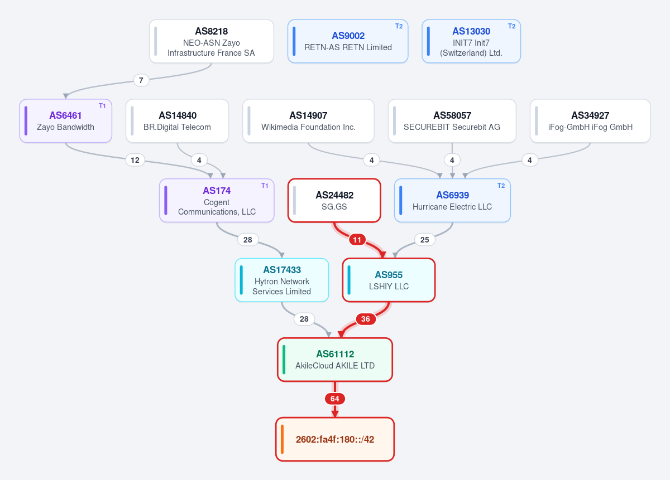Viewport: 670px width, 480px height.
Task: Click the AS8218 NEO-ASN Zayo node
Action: coord(212,41)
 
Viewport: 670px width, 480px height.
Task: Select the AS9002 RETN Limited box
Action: coord(348,41)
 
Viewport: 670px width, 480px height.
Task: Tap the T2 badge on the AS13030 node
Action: coord(511,26)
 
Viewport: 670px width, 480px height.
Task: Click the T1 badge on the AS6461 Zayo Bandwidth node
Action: coord(102,106)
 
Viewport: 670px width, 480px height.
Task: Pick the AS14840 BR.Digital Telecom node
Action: coord(178,120)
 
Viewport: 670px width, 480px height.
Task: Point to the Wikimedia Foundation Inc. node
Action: coord(308,120)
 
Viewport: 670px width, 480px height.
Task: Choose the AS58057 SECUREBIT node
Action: coord(452,120)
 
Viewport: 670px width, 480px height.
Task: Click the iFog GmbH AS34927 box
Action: coord(590,120)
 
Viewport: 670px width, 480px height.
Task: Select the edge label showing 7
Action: coord(141,80)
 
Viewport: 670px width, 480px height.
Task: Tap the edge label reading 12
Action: coord(135,160)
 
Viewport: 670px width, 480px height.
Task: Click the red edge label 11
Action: coord(357,240)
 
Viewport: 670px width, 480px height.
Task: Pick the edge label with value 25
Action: coord(425,240)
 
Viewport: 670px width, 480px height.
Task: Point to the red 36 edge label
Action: coord(366,319)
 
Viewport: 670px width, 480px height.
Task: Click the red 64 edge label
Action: coord(335,399)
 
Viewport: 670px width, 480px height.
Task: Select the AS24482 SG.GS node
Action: coord(334,201)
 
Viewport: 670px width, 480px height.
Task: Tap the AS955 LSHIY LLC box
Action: coord(389,280)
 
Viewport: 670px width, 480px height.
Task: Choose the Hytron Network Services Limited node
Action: coord(282,280)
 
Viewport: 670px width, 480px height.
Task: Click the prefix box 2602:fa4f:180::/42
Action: coord(335,439)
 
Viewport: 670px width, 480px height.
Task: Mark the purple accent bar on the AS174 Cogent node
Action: coord(166,201)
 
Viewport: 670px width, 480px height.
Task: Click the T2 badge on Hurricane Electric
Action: coord(501,186)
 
